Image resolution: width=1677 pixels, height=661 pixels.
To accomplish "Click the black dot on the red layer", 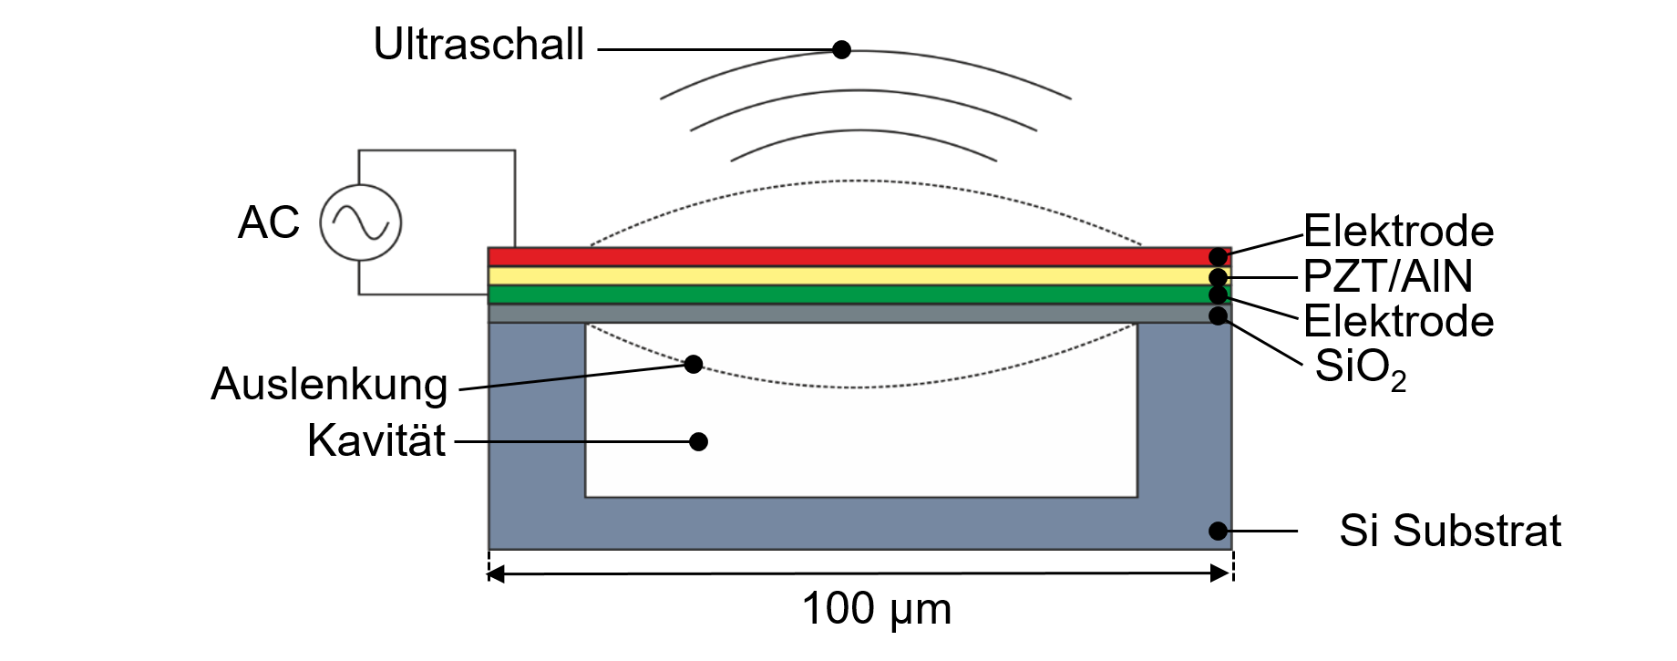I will tap(1218, 256).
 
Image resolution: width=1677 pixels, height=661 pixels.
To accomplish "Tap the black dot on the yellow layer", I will tap(1218, 277).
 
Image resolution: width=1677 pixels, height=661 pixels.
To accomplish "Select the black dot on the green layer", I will tap(1218, 294).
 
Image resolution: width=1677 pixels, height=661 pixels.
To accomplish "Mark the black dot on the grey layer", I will tap(1218, 315).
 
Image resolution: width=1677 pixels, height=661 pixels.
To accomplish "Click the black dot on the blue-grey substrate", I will tap(1218, 531).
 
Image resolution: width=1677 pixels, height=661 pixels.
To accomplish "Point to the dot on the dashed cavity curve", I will tap(694, 364).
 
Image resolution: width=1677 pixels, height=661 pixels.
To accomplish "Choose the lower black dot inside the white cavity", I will tap(698, 441).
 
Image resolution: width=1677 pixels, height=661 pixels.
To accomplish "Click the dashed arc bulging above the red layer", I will tap(857, 181).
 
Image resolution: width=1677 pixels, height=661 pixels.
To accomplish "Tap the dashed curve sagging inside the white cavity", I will tap(857, 387).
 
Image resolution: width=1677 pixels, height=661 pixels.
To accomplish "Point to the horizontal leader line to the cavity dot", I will tap(592, 441).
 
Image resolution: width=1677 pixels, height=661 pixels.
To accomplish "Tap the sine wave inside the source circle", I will tap(361, 222).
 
